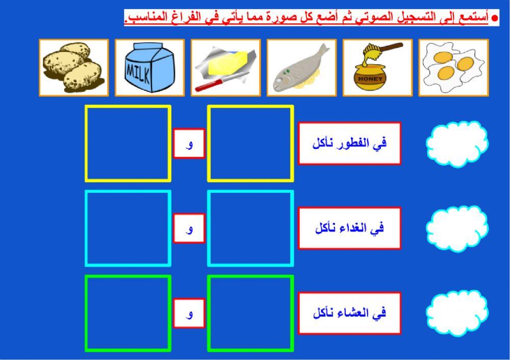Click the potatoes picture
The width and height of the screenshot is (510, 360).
point(73,67)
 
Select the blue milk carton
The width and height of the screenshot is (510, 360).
point(149,67)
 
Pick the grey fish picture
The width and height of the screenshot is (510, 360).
point(301,67)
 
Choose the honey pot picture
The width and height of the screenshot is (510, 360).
point(377,67)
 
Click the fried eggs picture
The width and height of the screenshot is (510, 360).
point(453,67)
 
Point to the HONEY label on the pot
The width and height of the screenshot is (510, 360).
point(370,80)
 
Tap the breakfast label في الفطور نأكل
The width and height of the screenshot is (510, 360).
point(349,143)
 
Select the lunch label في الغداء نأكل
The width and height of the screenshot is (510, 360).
point(349,228)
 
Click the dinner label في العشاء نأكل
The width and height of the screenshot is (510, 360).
point(349,313)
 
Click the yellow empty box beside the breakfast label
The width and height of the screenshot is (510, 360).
point(250,143)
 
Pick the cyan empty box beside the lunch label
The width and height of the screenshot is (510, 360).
point(250,228)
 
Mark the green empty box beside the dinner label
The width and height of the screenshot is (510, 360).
point(250,313)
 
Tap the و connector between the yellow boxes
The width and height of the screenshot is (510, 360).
point(189,143)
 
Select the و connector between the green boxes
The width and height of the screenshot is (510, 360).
point(189,313)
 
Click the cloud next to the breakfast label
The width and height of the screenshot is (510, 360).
point(456,143)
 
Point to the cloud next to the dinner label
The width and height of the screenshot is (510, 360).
point(456,313)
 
